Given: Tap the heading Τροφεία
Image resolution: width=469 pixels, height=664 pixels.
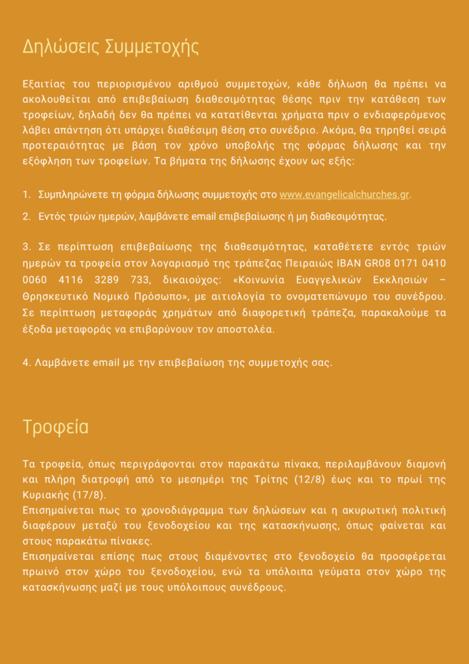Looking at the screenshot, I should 55,427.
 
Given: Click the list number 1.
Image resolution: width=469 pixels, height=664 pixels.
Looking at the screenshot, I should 25,195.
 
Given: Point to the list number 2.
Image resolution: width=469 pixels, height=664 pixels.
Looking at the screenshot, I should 25,216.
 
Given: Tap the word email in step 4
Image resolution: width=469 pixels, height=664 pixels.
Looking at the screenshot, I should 106,362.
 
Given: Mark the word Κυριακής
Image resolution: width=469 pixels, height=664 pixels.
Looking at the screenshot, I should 46,495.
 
